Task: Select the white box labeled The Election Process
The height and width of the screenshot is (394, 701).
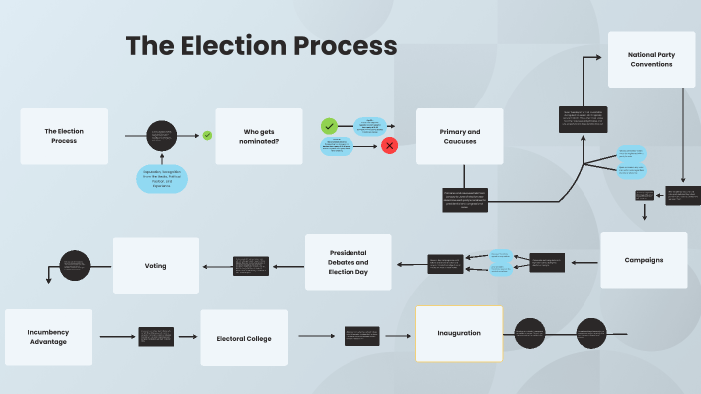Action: click(x=64, y=136)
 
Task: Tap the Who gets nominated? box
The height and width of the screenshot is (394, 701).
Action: click(x=259, y=136)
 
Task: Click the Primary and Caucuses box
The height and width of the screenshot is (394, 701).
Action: click(x=459, y=136)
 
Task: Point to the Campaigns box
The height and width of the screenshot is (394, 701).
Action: click(x=643, y=260)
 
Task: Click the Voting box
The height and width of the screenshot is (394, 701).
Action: click(x=155, y=266)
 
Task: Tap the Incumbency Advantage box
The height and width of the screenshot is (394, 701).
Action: click(x=48, y=337)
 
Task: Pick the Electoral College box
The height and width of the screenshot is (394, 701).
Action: click(x=244, y=338)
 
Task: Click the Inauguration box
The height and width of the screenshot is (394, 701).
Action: click(x=459, y=333)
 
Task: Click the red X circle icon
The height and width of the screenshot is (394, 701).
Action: click(x=390, y=146)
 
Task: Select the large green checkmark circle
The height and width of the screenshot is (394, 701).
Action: click(x=329, y=126)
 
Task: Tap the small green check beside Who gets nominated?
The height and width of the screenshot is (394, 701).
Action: click(x=207, y=135)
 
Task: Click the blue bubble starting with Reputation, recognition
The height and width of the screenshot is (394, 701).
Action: click(x=162, y=178)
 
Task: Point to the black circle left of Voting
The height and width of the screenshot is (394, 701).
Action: click(x=76, y=265)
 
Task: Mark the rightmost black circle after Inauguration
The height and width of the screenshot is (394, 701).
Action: click(x=591, y=333)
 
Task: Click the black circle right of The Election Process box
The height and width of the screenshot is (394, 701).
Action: click(x=162, y=136)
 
